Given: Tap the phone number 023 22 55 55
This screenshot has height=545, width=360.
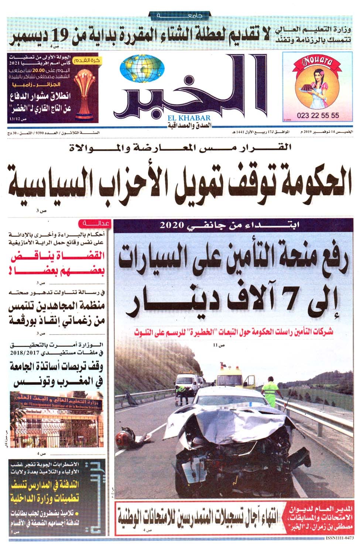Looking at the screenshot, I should click(317, 115).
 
